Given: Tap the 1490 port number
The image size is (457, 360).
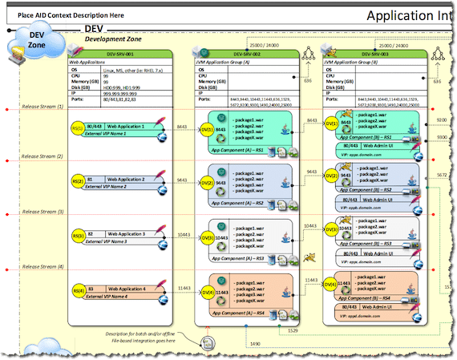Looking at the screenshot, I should pos(254,343).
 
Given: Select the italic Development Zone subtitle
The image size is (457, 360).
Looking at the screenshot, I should pos(115,38).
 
